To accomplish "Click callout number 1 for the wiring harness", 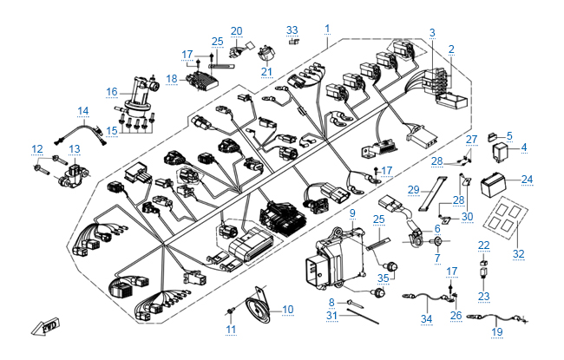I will (x=326, y=29).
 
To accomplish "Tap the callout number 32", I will (x=520, y=253).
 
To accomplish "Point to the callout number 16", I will (x=112, y=91).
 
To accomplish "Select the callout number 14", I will (x=83, y=110).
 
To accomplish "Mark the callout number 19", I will (x=497, y=331).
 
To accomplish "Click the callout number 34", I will (x=426, y=319).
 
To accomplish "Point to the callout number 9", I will (x=352, y=213).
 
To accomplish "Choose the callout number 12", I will (x=37, y=148).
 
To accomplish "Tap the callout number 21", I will (x=266, y=71).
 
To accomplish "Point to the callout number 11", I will (x=230, y=330).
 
